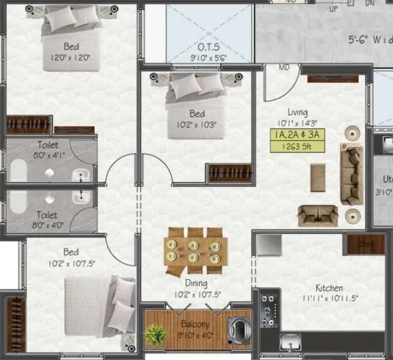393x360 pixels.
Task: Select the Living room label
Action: (297, 112)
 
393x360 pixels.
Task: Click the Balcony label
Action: (195, 324)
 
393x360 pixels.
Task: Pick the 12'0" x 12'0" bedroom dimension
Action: (71, 59)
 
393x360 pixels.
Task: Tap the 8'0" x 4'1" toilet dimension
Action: (48, 156)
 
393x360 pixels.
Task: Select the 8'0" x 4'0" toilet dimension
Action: (48, 223)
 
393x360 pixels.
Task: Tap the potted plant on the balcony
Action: (157, 333)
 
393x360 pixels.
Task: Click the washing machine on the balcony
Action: (240, 331)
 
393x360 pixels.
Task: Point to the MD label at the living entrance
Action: (284, 67)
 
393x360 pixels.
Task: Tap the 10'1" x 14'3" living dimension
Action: (297, 123)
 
